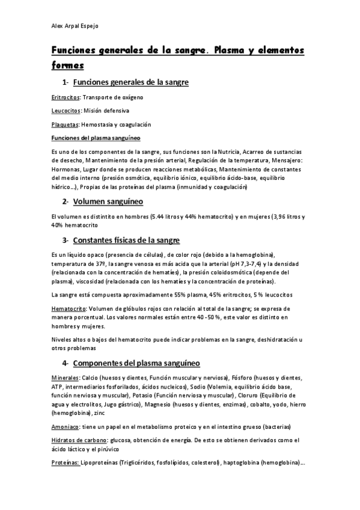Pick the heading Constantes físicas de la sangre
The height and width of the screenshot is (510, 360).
pyautogui.click(x=126, y=241)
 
